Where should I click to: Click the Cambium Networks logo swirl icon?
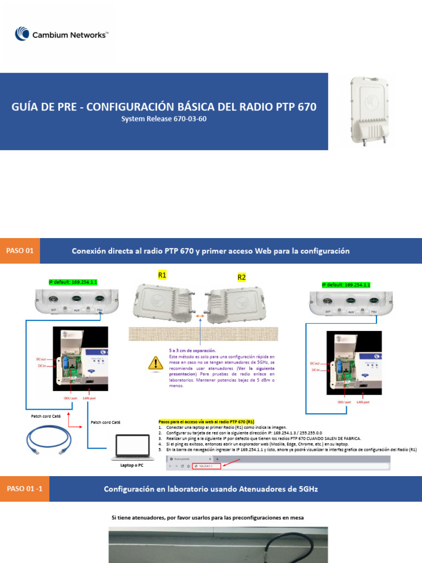tap(23, 34)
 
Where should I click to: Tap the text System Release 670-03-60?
tap(164, 119)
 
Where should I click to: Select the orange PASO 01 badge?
tap(20, 251)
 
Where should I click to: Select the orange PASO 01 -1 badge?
tap(24, 488)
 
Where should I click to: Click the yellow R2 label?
tap(241, 278)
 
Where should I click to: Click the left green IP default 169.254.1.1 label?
tap(73, 282)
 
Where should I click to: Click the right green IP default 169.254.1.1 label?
tap(346, 285)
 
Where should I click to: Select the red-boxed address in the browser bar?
tap(206, 466)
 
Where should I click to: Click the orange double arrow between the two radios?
tap(201, 317)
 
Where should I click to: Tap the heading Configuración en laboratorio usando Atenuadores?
tap(210, 489)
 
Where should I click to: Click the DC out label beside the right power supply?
tap(314, 363)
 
